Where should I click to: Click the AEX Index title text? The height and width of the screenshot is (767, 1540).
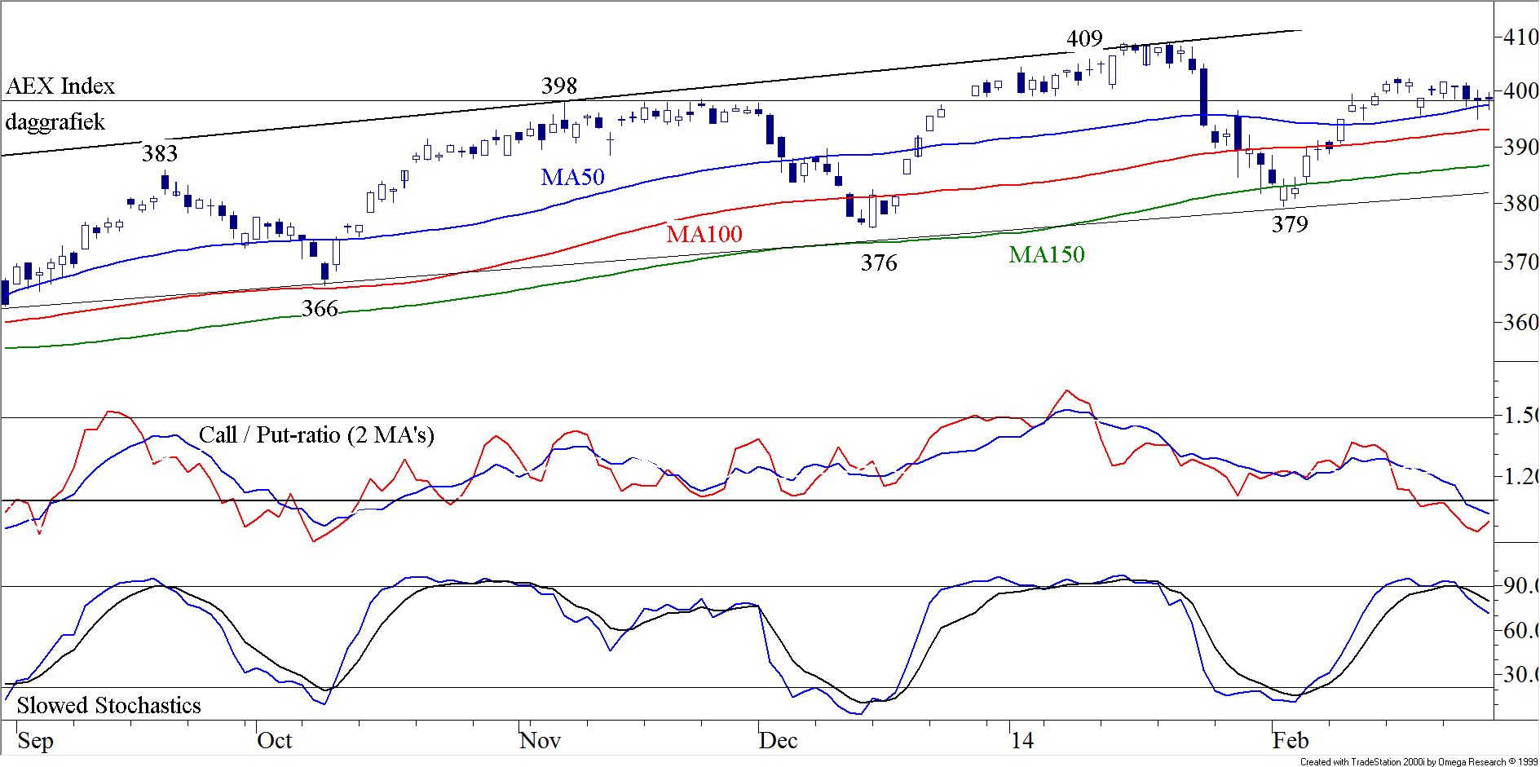(x=60, y=86)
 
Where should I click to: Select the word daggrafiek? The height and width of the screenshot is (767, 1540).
(x=55, y=123)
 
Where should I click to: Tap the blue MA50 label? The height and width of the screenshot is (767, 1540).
(x=572, y=178)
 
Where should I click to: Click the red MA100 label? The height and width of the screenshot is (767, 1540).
(x=704, y=235)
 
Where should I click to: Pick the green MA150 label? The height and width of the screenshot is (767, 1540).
(x=1046, y=255)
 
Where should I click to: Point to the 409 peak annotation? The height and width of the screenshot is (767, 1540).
(x=1084, y=39)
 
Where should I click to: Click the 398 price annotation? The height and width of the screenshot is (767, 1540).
(x=559, y=86)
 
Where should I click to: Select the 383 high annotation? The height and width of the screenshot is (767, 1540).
(x=159, y=153)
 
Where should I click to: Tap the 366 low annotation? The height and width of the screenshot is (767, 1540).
(x=320, y=309)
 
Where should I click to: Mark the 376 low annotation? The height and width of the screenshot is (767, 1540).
(x=879, y=262)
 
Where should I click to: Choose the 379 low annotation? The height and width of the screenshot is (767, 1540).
(x=1290, y=224)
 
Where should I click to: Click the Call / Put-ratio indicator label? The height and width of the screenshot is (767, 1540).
(x=316, y=435)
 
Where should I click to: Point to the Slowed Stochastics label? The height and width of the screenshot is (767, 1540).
(x=108, y=706)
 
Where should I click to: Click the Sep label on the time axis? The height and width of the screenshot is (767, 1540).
(x=35, y=741)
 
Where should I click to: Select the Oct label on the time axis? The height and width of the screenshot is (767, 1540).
(x=274, y=741)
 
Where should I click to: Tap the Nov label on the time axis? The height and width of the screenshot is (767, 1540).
(x=540, y=741)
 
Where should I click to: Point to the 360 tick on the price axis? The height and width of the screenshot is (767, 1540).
(x=1520, y=323)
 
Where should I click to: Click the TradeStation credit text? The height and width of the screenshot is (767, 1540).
(x=1418, y=762)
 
